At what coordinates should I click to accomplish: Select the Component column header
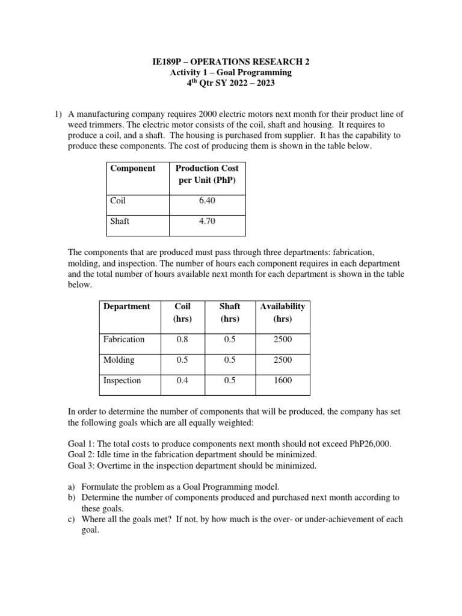coord(132,168)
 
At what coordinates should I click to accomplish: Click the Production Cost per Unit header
coord(207,174)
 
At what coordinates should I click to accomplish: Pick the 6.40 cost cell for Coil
coord(207,200)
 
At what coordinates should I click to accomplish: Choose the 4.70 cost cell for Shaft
coord(207,221)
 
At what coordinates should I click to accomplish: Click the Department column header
coord(126,306)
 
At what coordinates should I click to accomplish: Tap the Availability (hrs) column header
coord(282,312)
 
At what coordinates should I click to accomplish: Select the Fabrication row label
coord(124,339)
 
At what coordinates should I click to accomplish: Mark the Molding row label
coord(119,360)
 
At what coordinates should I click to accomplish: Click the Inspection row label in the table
coord(122,380)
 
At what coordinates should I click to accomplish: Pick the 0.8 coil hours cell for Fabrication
coord(182,339)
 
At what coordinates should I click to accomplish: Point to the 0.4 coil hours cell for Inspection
coord(182,380)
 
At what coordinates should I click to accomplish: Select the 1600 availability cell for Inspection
coord(282,380)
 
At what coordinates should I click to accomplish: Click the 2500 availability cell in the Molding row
coord(282,360)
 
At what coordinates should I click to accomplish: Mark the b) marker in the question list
coord(72,497)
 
